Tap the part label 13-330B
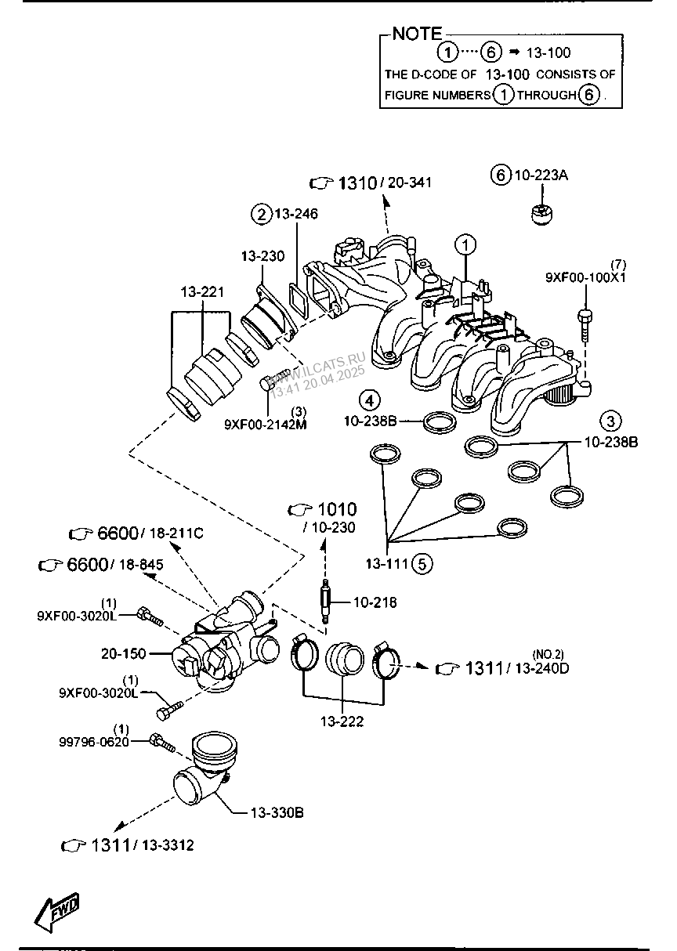[277, 812]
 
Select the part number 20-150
[124, 653]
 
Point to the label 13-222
[342, 721]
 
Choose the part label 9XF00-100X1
[585, 277]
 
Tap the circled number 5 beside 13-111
[422, 564]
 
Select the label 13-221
[202, 292]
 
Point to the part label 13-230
[263, 256]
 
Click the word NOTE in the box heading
[417, 34]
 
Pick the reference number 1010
[337, 509]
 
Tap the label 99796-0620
[94, 742]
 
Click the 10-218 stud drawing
[326, 602]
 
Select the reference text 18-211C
[176, 533]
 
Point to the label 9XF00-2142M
[266, 424]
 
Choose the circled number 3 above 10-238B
[610, 421]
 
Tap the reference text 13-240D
[542, 668]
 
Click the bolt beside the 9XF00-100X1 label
[585, 326]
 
